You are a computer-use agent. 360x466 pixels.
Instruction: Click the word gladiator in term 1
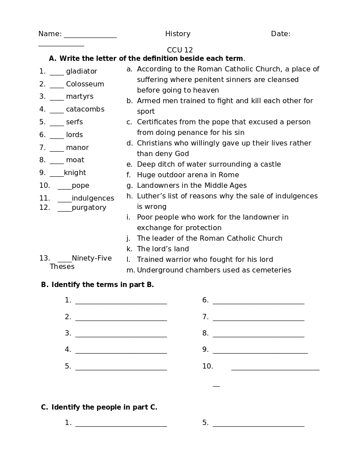tap(82, 71)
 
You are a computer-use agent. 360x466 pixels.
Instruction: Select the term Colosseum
tap(85, 84)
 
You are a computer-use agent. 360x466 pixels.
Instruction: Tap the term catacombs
tap(85, 109)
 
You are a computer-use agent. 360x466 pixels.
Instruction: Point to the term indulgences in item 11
tap(93, 198)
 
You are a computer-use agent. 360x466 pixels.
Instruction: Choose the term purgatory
tap(89, 208)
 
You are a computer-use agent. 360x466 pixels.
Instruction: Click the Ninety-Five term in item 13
tap(92, 258)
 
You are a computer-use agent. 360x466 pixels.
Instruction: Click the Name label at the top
tap(50, 34)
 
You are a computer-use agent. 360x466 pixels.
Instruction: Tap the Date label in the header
tap(280, 34)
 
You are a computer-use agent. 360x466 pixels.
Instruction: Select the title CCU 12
tap(180, 50)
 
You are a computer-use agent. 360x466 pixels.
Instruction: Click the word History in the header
tap(178, 34)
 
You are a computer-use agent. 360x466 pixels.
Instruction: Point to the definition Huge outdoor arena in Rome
tap(188, 175)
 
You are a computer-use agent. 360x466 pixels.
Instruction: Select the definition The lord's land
tap(163, 249)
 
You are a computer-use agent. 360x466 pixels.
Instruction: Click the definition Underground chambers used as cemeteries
tap(214, 270)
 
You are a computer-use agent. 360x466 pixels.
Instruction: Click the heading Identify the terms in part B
tap(102, 285)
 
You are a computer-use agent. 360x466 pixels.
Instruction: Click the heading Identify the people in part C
tap(104, 407)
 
